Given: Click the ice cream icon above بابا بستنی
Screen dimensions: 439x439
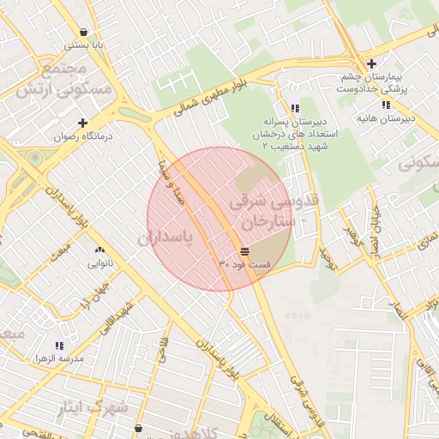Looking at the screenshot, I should [x=82, y=30].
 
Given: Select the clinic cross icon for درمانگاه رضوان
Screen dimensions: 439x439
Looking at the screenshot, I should [x=82, y=123].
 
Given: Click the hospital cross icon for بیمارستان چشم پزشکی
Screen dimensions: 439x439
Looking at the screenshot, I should [x=370, y=64].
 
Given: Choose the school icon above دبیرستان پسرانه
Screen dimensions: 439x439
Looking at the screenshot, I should [x=295, y=109].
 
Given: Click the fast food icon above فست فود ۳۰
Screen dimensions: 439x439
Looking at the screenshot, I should [x=245, y=251].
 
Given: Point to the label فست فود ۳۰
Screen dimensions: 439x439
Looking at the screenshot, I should [x=244, y=265].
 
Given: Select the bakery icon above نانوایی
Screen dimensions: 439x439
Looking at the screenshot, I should [x=96, y=250].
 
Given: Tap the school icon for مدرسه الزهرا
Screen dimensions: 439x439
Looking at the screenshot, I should [x=59, y=346].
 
